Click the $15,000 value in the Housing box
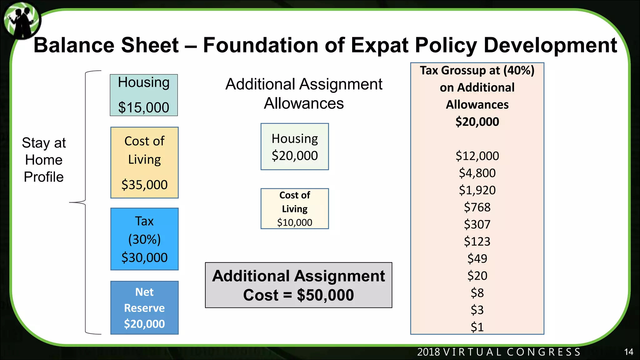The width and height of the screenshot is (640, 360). coord(143,107)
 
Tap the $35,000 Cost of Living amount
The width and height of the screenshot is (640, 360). coord(144,185)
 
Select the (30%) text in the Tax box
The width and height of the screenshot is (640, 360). coord(144,239)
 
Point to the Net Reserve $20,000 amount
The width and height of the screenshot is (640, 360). coord(144,324)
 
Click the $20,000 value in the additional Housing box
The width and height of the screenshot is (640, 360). coord(295,156)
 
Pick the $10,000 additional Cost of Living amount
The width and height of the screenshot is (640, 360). coord(295,222)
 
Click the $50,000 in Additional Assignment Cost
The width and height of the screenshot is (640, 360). coord(325,295)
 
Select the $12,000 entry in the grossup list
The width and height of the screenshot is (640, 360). coord(477,156)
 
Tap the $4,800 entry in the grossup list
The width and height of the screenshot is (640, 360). coord(477,173)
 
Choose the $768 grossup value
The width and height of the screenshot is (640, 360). coord(477,207)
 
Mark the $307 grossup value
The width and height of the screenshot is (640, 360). coord(477,224)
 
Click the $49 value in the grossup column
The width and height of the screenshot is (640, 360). coord(477,258)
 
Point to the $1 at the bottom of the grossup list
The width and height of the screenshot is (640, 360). coord(477,327)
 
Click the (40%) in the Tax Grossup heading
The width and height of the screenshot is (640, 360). coord(519,70)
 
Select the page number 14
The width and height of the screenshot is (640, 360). coord(628,352)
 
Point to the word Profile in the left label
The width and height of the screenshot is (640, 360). coord(44,177)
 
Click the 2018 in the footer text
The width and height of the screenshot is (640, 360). coord(428,352)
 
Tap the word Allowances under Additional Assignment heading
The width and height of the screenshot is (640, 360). coord(304,103)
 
